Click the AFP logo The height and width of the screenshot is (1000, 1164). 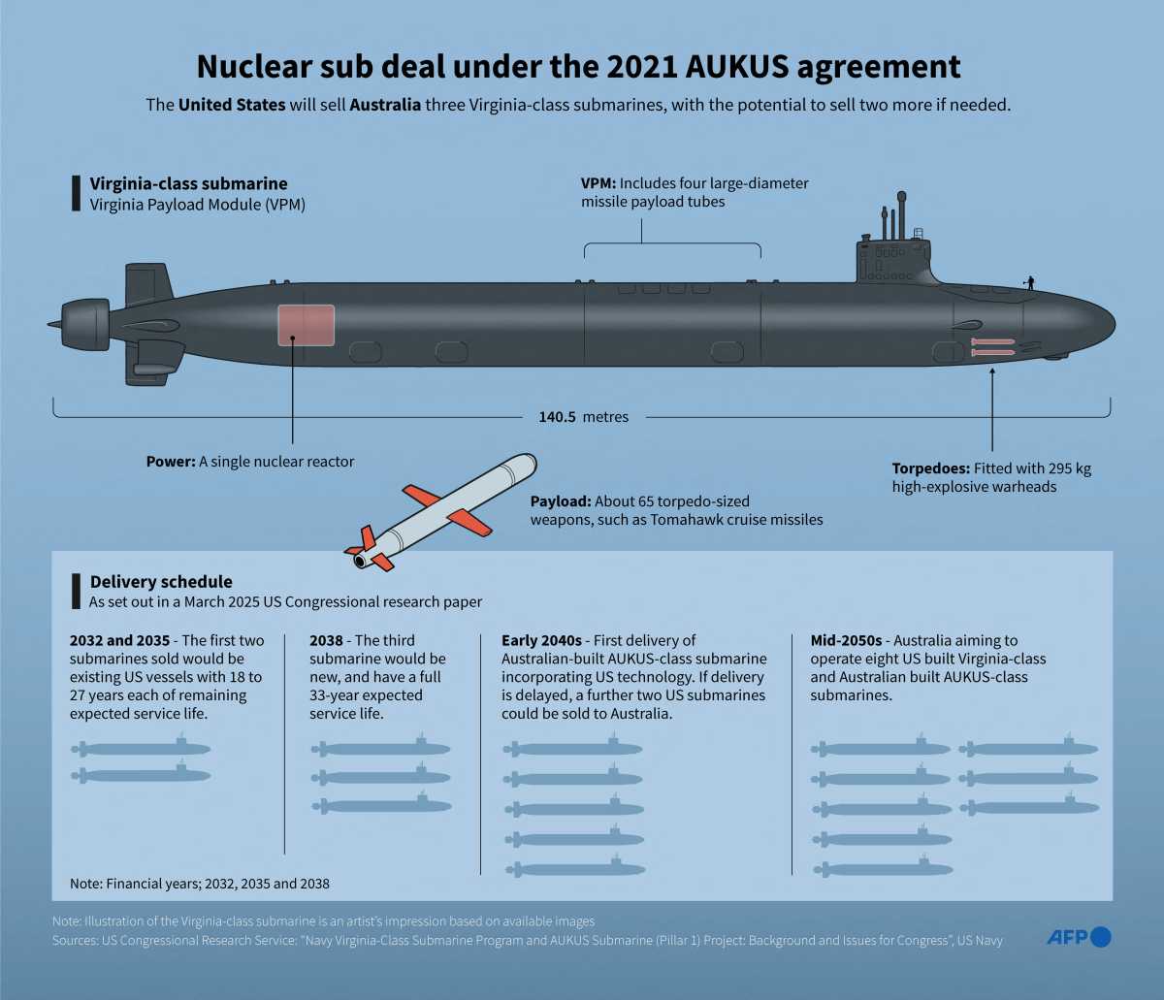point(1079,937)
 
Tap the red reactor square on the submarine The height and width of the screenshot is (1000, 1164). point(307,326)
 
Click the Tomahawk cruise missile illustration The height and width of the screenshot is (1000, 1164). point(440,512)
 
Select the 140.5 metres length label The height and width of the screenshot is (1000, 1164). point(583,417)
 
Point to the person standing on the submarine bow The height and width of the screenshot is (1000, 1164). point(1030,283)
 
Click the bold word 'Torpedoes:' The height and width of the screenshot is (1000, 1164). point(931,468)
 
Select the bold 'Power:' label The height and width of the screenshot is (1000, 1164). point(171,462)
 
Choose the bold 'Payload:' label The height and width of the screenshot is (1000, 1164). point(561,501)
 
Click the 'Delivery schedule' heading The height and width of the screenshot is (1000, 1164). point(161,582)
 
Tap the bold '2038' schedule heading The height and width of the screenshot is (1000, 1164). point(326,641)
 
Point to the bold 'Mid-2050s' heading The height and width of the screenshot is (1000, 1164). point(846,641)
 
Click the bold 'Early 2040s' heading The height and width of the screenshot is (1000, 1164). point(541,641)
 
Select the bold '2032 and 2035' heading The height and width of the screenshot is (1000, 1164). point(119,641)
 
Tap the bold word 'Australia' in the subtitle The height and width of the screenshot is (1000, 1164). point(385,105)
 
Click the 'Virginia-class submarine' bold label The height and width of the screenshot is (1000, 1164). point(188,183)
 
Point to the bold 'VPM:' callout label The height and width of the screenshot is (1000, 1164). point(598,183)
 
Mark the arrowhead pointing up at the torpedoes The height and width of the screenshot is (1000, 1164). point(992,371)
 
